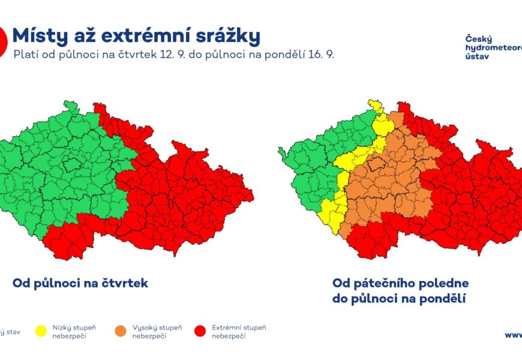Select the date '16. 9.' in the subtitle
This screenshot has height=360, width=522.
(x=319, y=55)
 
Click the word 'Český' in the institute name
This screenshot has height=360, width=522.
(x=477, y=39)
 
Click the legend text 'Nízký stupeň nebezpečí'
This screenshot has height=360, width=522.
(x=74, y=332)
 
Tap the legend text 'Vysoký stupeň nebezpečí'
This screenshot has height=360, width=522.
(x=157, y=332)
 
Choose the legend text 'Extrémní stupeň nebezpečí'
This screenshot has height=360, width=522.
(x=239, y=332)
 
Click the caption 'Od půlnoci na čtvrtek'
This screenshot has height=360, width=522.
(x=80, y=283)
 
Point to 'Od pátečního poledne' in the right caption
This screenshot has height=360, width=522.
(x=400, y=283)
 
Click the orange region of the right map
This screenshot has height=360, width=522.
(x=390, y=180)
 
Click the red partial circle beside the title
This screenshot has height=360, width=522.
(x=2, y=40)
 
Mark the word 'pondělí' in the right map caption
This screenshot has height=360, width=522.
(x=443, y=298)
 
